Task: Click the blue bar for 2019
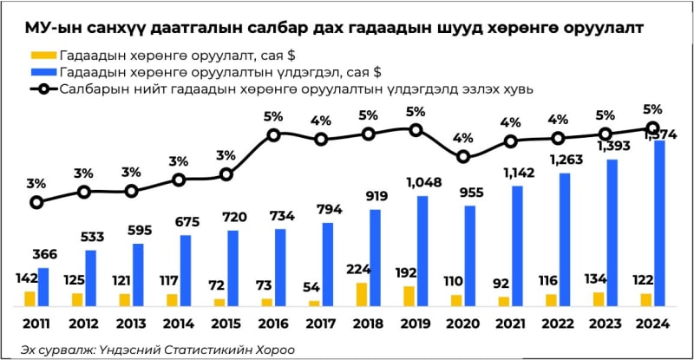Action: tap(422, 251)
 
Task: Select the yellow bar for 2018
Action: tap(362, 294)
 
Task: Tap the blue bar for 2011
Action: tap(43, 286)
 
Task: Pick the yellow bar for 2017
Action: tap(314, 303)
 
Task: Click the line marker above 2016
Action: tap(274, 134)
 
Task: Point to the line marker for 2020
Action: tap(464, 157)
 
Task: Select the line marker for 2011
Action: tap(36, 202)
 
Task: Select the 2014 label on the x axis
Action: tap(178, 325)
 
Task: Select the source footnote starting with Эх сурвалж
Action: tap(159, 349)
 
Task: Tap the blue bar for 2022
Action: tap(565, 239)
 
